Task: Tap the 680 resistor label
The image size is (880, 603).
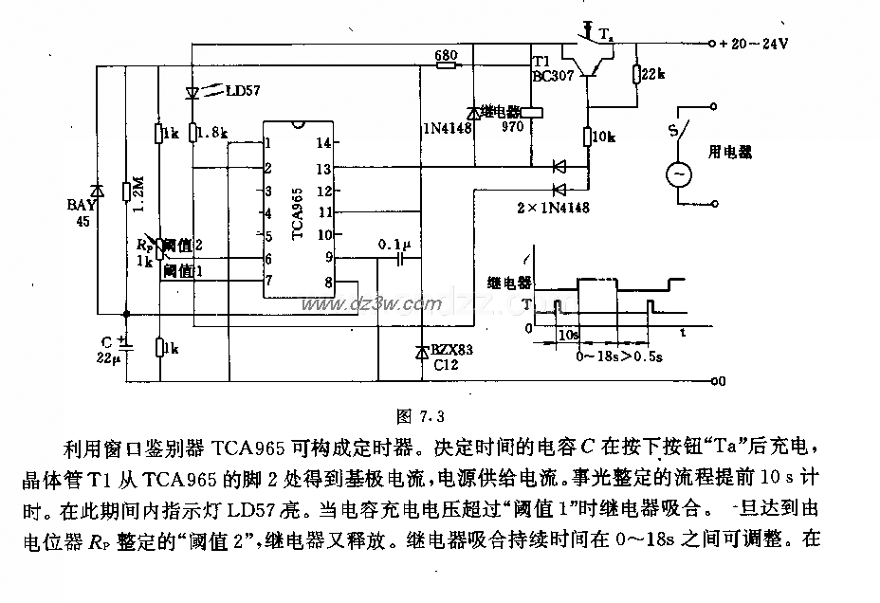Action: coord(446,56)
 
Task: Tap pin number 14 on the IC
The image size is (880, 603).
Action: coord(324,143)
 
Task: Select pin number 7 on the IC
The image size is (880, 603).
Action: coord(269,280)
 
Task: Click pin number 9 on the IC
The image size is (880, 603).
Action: coord(329,256)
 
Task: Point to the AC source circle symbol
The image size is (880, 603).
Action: coord(680,174)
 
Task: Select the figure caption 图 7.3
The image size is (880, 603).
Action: coord(418,413)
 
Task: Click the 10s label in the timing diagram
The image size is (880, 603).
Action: coord(567,335)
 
